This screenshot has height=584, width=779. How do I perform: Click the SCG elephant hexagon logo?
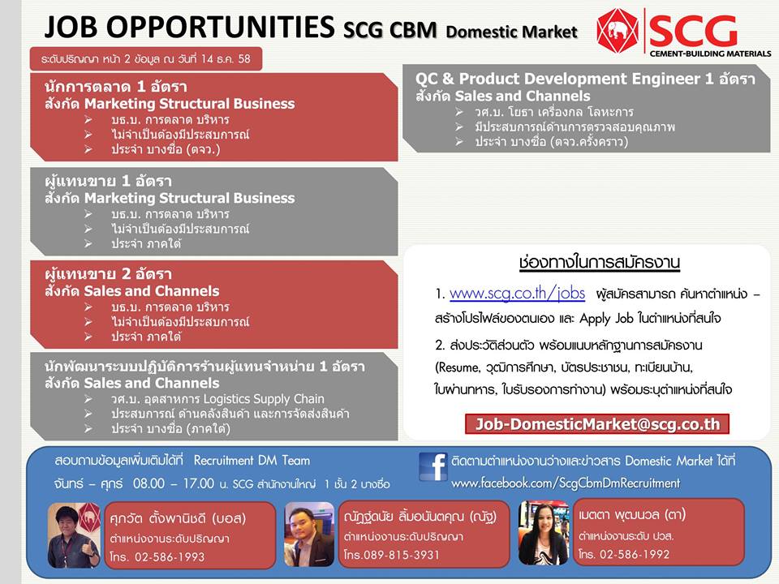[618, 30]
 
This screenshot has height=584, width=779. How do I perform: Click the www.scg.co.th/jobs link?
[517, 294]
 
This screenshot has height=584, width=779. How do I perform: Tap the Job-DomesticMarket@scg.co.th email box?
[597, 424]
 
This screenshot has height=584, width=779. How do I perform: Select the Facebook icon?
[433, 466]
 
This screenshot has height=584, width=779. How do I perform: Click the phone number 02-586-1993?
[170, 556]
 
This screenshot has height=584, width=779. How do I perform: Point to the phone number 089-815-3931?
[402, 555]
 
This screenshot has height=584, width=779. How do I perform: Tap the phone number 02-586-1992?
[635, 554]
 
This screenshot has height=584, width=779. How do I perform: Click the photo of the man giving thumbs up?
[74, 535]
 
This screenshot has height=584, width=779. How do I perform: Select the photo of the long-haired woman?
[544, 532]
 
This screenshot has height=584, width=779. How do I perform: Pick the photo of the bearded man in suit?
[309, 534]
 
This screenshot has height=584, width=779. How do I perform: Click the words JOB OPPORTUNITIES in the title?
[189, 27]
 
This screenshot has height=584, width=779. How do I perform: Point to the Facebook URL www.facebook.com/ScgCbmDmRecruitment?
[566, 483]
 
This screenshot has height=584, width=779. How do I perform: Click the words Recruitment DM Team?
[252, 461]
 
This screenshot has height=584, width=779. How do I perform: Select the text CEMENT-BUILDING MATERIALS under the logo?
[710, 54]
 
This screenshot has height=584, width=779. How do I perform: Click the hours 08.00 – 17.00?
[174, 483]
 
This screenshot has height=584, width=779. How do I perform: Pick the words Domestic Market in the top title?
[511, 32]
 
